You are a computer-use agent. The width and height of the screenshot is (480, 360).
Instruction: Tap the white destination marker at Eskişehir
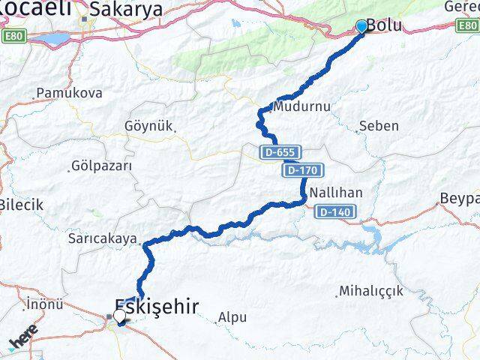(x=119, y=317)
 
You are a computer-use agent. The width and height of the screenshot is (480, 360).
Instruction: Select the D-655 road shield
(x=278, y=151)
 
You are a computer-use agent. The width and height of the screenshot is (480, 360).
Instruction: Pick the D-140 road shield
(x=334, y=212)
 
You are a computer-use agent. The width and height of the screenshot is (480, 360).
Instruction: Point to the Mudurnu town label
(x=302, y=106)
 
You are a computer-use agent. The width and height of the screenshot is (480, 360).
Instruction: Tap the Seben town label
(x=379, y=126)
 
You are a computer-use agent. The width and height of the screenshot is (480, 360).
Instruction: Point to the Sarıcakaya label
(x=103, y=239)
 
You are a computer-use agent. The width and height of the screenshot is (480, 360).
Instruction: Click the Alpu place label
(x=232, y=318)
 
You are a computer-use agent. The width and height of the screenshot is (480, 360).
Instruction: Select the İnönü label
(x=43, y=304)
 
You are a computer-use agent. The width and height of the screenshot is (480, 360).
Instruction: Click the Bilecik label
(x=21, y=204)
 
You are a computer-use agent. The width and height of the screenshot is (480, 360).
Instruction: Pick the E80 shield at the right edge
(x=468, y=25)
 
